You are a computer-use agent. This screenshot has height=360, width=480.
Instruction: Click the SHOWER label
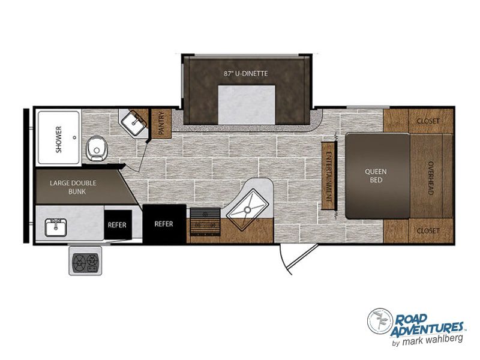tap(58, 139)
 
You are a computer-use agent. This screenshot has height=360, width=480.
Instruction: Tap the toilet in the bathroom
tap(96, 149)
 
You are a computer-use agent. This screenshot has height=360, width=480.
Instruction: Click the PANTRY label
tap(161, 123)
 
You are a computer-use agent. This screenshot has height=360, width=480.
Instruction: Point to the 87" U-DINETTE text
tap(246, 73)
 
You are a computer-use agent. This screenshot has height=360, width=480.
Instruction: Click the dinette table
tap(247, 104)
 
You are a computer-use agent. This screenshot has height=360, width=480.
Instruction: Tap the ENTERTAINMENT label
tap(329, 176)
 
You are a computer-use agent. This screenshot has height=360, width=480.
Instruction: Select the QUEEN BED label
tap(376, 176)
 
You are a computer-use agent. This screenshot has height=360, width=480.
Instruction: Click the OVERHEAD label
tap(430, 178)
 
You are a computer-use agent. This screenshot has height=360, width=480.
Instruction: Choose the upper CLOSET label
tap(428, 121)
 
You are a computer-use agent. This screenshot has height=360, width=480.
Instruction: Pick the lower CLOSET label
tap(428, 230)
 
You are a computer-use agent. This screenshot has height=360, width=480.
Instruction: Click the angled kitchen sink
tap(248, 209)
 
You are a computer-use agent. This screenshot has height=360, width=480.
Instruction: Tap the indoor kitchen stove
tap(205, 222)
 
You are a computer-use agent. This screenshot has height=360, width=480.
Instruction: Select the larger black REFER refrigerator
tap(164, 224)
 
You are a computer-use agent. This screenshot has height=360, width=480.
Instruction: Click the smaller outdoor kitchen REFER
tap(118, 224)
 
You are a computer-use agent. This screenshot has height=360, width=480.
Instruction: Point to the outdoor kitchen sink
tap(56, 227)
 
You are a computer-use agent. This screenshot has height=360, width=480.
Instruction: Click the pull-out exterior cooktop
tap(85, 260)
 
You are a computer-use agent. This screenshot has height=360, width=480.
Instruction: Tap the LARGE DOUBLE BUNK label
tap(73, 187)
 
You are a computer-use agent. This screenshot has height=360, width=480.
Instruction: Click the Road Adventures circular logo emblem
tap(380, 321)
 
